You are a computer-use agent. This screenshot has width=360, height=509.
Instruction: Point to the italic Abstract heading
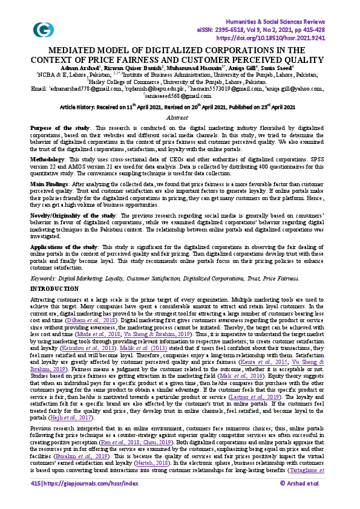pos(177,117)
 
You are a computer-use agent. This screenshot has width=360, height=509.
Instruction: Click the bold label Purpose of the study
pos(60,129)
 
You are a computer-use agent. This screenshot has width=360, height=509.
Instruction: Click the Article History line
pos(177,106)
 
